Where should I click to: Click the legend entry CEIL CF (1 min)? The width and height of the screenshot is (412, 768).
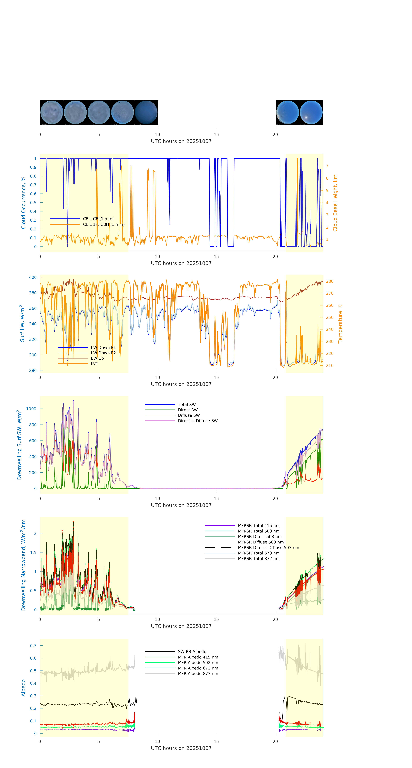(x=98, y=218)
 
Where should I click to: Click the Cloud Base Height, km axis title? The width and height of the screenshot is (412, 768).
(x=335, y=203)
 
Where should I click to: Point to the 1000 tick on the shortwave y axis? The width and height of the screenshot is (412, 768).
(x=31, y=409)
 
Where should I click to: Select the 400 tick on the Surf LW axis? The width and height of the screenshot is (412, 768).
(x=33, y=277)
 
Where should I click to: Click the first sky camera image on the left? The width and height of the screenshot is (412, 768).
(x=51, y=112)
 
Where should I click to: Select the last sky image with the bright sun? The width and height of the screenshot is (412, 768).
(x=311, y=112)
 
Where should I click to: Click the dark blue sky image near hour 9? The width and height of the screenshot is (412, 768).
(x=146, y=112)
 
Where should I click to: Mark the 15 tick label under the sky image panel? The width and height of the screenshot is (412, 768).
(x=216, y=134)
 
